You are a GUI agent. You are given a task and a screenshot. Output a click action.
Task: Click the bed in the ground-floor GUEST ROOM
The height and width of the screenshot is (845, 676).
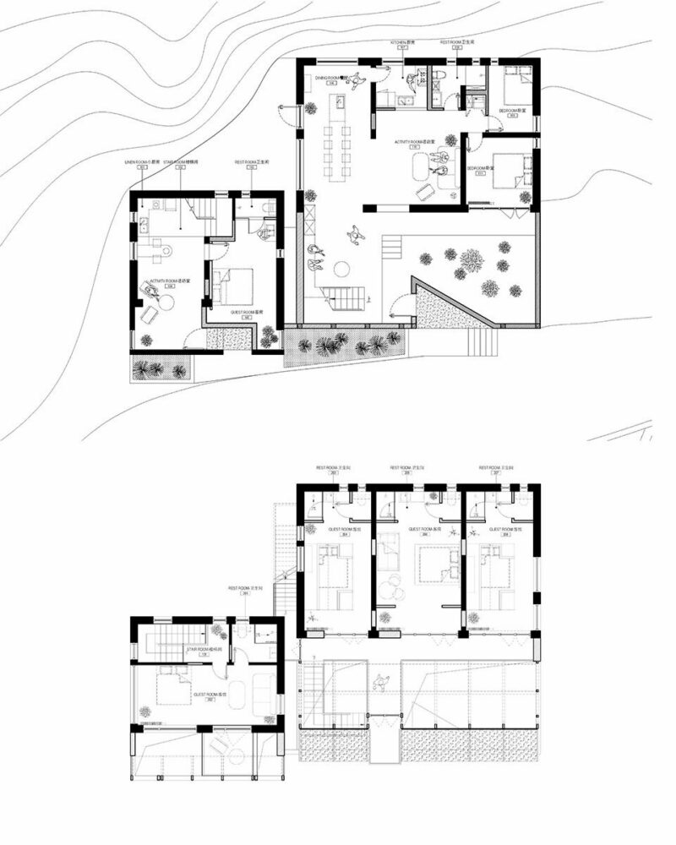click(235, 286)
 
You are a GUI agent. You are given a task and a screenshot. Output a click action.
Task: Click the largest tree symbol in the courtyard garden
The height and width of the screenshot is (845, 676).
click(472, 261)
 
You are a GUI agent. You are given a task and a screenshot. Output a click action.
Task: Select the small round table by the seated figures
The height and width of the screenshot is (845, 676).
click(342, 269)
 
